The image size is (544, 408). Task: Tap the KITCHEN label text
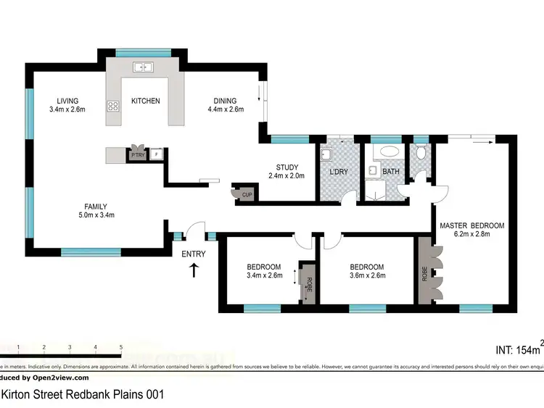145,101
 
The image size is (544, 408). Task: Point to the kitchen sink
143,67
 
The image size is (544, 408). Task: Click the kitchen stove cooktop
113,107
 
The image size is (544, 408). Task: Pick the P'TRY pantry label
138,154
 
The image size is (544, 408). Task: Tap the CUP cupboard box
247,193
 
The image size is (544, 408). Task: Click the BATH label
392,172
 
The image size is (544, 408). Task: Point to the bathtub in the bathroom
391,153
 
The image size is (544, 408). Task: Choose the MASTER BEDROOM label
471,225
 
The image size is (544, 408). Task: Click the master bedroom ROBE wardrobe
424,271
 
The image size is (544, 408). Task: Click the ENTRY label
194,254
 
